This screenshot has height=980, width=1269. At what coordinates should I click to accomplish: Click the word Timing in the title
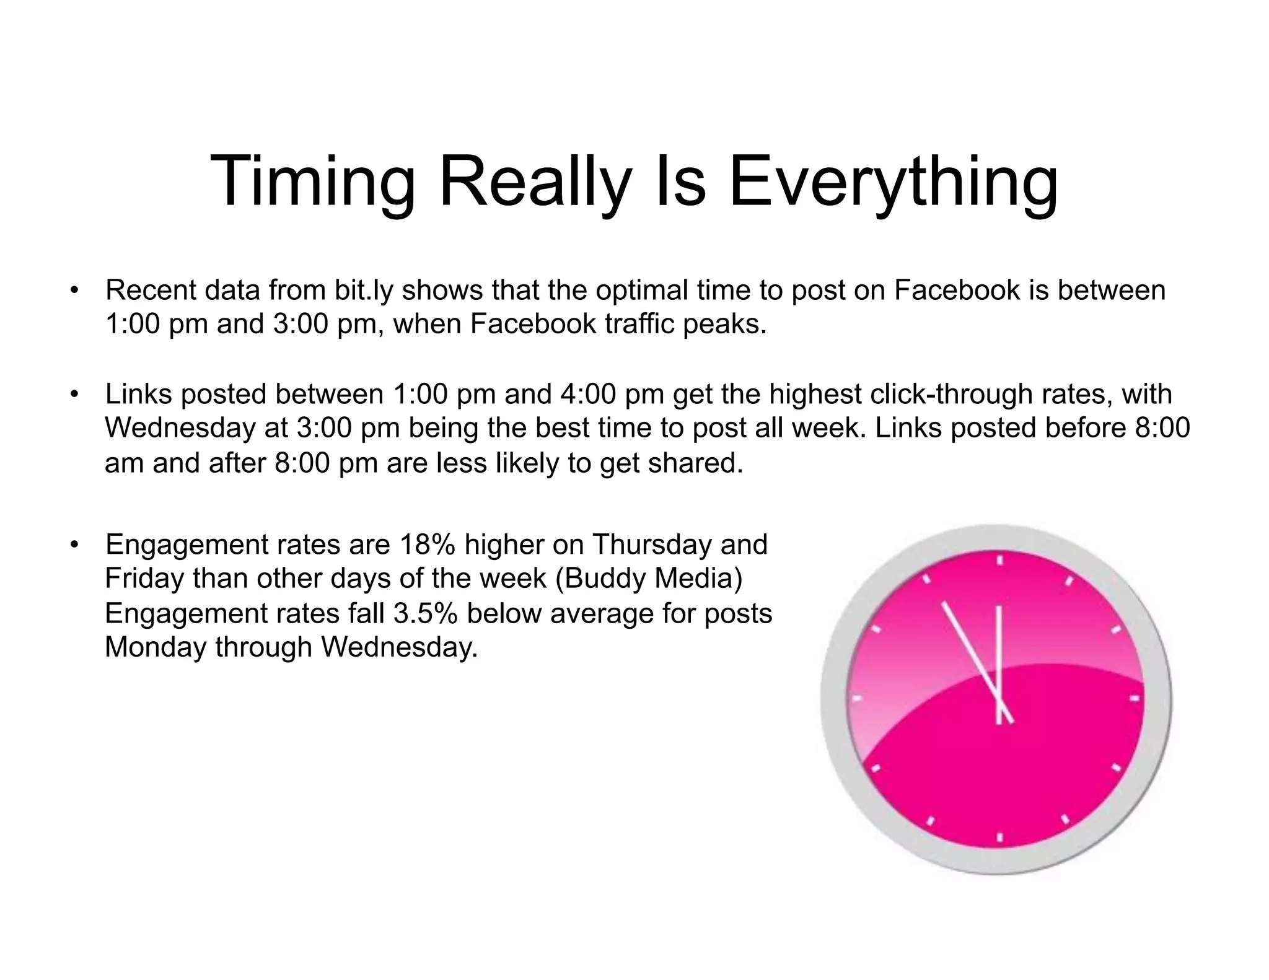coord(313,180)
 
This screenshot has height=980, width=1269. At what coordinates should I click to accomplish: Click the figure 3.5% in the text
coord(426,614)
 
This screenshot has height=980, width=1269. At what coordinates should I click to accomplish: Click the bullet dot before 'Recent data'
coord(74,290)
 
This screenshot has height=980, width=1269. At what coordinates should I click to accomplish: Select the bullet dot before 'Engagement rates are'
coord(74,545)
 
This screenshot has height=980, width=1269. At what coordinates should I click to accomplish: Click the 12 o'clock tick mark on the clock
coord(999,561)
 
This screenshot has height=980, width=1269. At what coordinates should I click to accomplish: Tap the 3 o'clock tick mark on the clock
coord(1135,698)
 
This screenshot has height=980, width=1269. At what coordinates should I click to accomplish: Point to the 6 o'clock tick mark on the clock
coord(999,836)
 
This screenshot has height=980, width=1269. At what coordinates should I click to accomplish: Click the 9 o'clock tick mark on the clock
coord(858,698)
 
